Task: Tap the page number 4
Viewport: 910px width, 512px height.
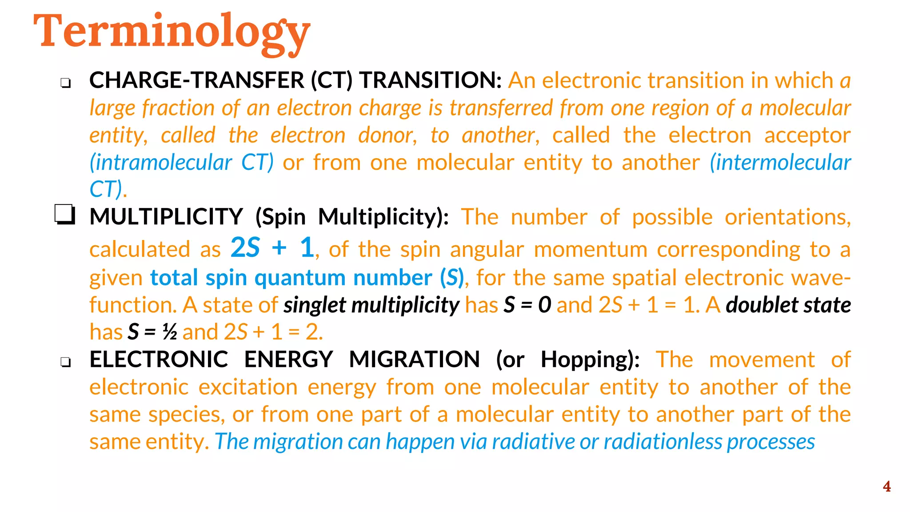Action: [886, 487]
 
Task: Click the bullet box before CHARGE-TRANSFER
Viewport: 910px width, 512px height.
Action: [66, 83]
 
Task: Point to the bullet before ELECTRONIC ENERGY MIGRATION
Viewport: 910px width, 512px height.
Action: [66, 362]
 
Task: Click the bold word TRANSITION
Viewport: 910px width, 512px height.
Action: [430, 80]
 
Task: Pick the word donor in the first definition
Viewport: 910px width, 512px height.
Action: [387, 135]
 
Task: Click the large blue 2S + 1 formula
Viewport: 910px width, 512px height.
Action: [272, 248]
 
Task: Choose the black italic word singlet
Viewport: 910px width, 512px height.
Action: [315, 305]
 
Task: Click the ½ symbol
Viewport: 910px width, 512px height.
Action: [169, 332]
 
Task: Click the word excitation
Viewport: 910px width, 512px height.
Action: [248, 387]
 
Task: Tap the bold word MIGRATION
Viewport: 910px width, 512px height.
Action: [414, 359]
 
